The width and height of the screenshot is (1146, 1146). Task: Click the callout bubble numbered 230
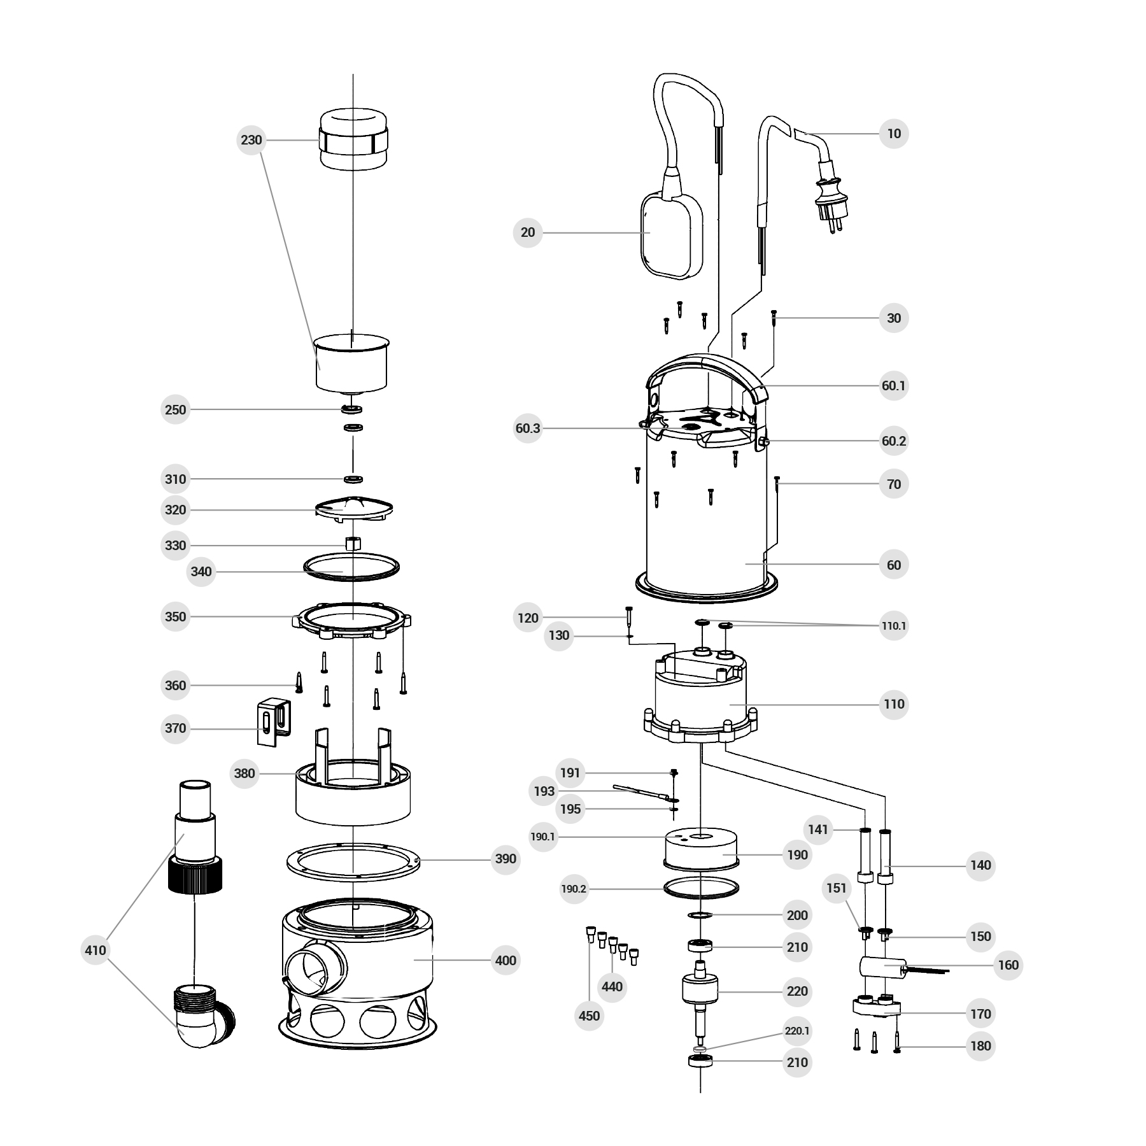pos(251,139)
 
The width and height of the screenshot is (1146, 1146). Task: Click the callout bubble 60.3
pos(528,428)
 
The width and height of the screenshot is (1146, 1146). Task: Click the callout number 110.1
pos(894,626)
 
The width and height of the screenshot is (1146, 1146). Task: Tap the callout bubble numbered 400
pos(506,960)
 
